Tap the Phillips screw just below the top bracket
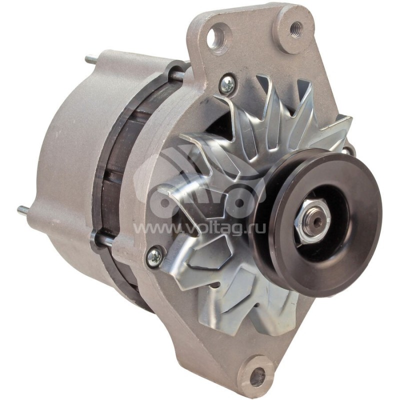227,83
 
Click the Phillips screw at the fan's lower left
154,257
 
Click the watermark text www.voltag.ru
200,228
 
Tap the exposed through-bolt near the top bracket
177,75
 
